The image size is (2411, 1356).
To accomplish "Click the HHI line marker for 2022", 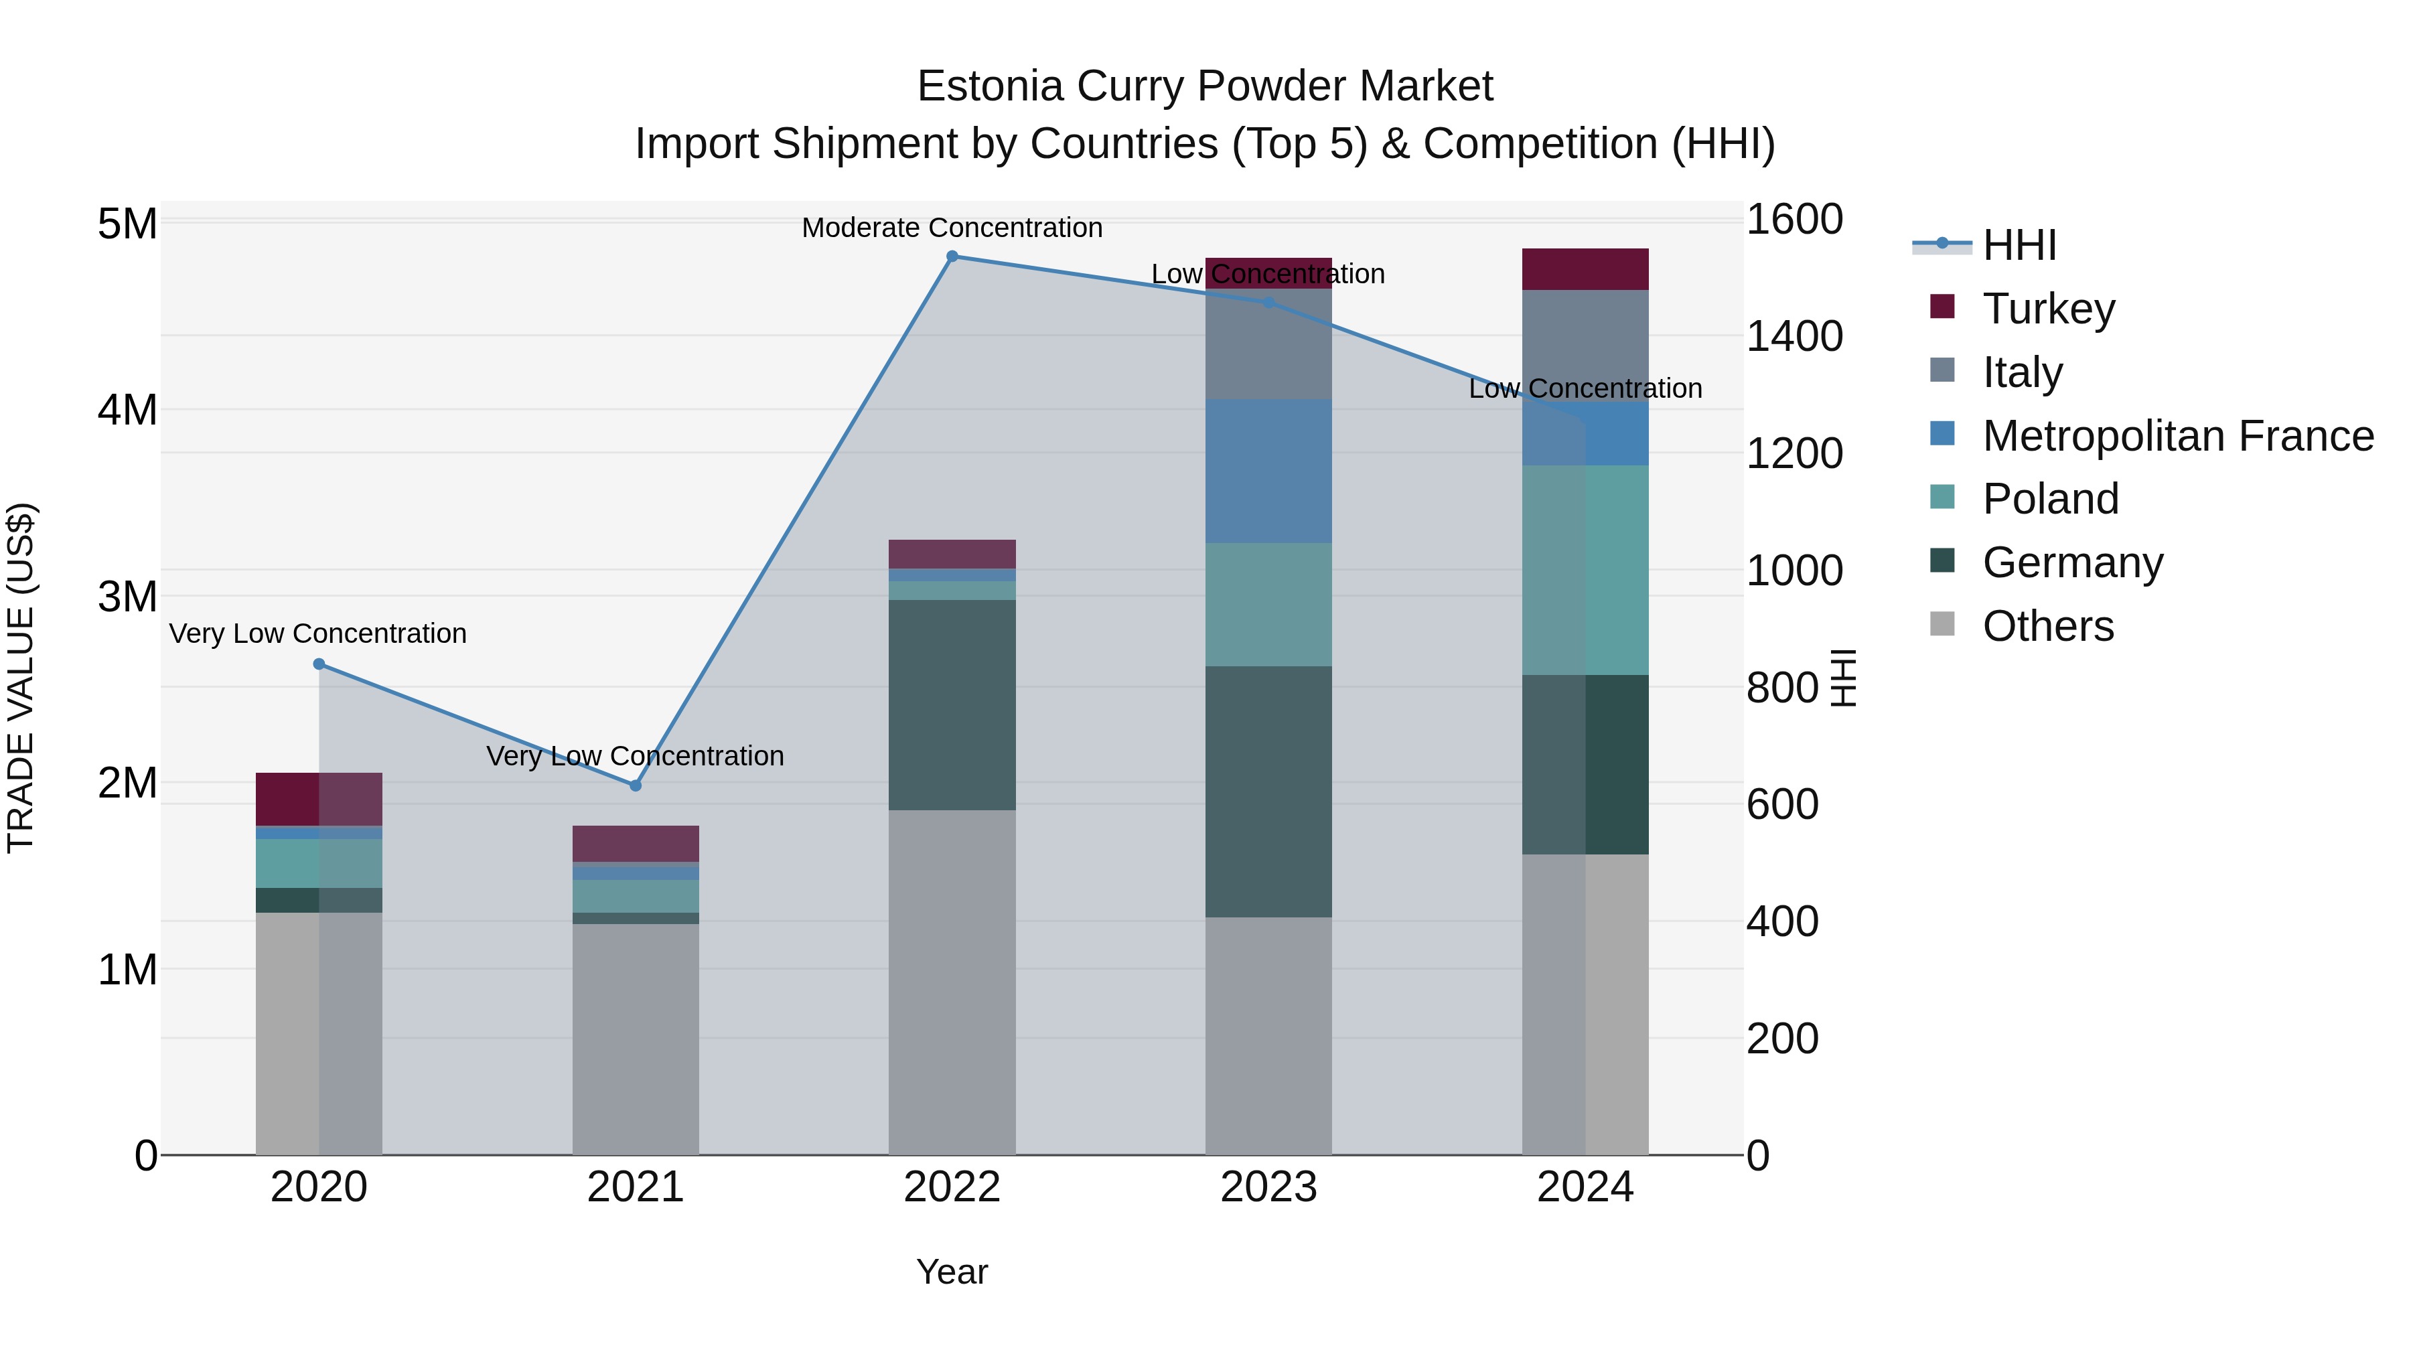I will (x=952, y=256).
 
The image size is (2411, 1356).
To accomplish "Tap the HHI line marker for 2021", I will (x=636, y=785).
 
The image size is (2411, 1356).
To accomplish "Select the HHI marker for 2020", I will (x=319, y=664).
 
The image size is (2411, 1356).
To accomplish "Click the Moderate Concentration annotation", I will (x=952, y=228).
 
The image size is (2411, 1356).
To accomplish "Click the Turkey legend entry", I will (x=2048, y=309).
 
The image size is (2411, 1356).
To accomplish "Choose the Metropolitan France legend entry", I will (x=2177, y=436).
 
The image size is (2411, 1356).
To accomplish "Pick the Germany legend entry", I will (x=2072, y=562).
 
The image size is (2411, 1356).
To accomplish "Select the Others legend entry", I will (x=2048, y=626).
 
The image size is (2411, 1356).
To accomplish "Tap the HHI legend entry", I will (x=2019, y=245).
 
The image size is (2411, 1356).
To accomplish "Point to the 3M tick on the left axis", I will (x=127, y=596).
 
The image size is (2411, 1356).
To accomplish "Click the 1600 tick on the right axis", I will (x=1794, y=220).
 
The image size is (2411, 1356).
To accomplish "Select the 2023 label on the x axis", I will (x=1268, y=1187).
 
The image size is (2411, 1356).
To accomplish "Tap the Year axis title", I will (x=952, y=1272).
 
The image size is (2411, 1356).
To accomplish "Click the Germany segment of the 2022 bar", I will (x=952, y=704).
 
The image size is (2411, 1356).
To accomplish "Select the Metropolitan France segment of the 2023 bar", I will (x=1268, y=471).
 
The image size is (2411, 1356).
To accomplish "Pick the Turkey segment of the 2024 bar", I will (x=1585, y=269).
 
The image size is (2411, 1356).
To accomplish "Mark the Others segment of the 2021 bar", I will (x=636, y=1039).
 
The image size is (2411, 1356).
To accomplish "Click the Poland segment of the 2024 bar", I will (x=1585, y=570).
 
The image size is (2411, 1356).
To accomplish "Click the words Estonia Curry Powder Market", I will (x=1205, y=86).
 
